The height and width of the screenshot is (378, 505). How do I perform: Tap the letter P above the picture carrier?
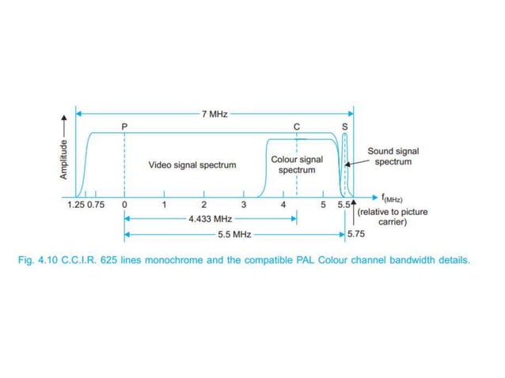pos(124,127)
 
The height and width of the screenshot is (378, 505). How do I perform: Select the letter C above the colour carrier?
pos(297,127)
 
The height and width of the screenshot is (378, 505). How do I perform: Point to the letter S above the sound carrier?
pos(344,127)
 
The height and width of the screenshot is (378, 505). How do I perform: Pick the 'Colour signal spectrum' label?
pos(296,164)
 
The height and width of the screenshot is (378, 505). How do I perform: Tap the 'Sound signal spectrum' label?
pos(393,156)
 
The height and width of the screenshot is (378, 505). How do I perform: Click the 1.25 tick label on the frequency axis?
pos(77,205)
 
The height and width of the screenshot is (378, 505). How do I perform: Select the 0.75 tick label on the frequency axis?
pos(96,205)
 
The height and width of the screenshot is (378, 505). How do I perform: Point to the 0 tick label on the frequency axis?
pos(125,205)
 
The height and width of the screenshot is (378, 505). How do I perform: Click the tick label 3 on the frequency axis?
pos(243,205)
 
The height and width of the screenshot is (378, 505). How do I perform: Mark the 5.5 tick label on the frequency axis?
pos(342,205)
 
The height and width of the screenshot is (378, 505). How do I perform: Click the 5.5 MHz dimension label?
pos(233,235)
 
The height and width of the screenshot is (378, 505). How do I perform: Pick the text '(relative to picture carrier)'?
pos(393,217)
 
